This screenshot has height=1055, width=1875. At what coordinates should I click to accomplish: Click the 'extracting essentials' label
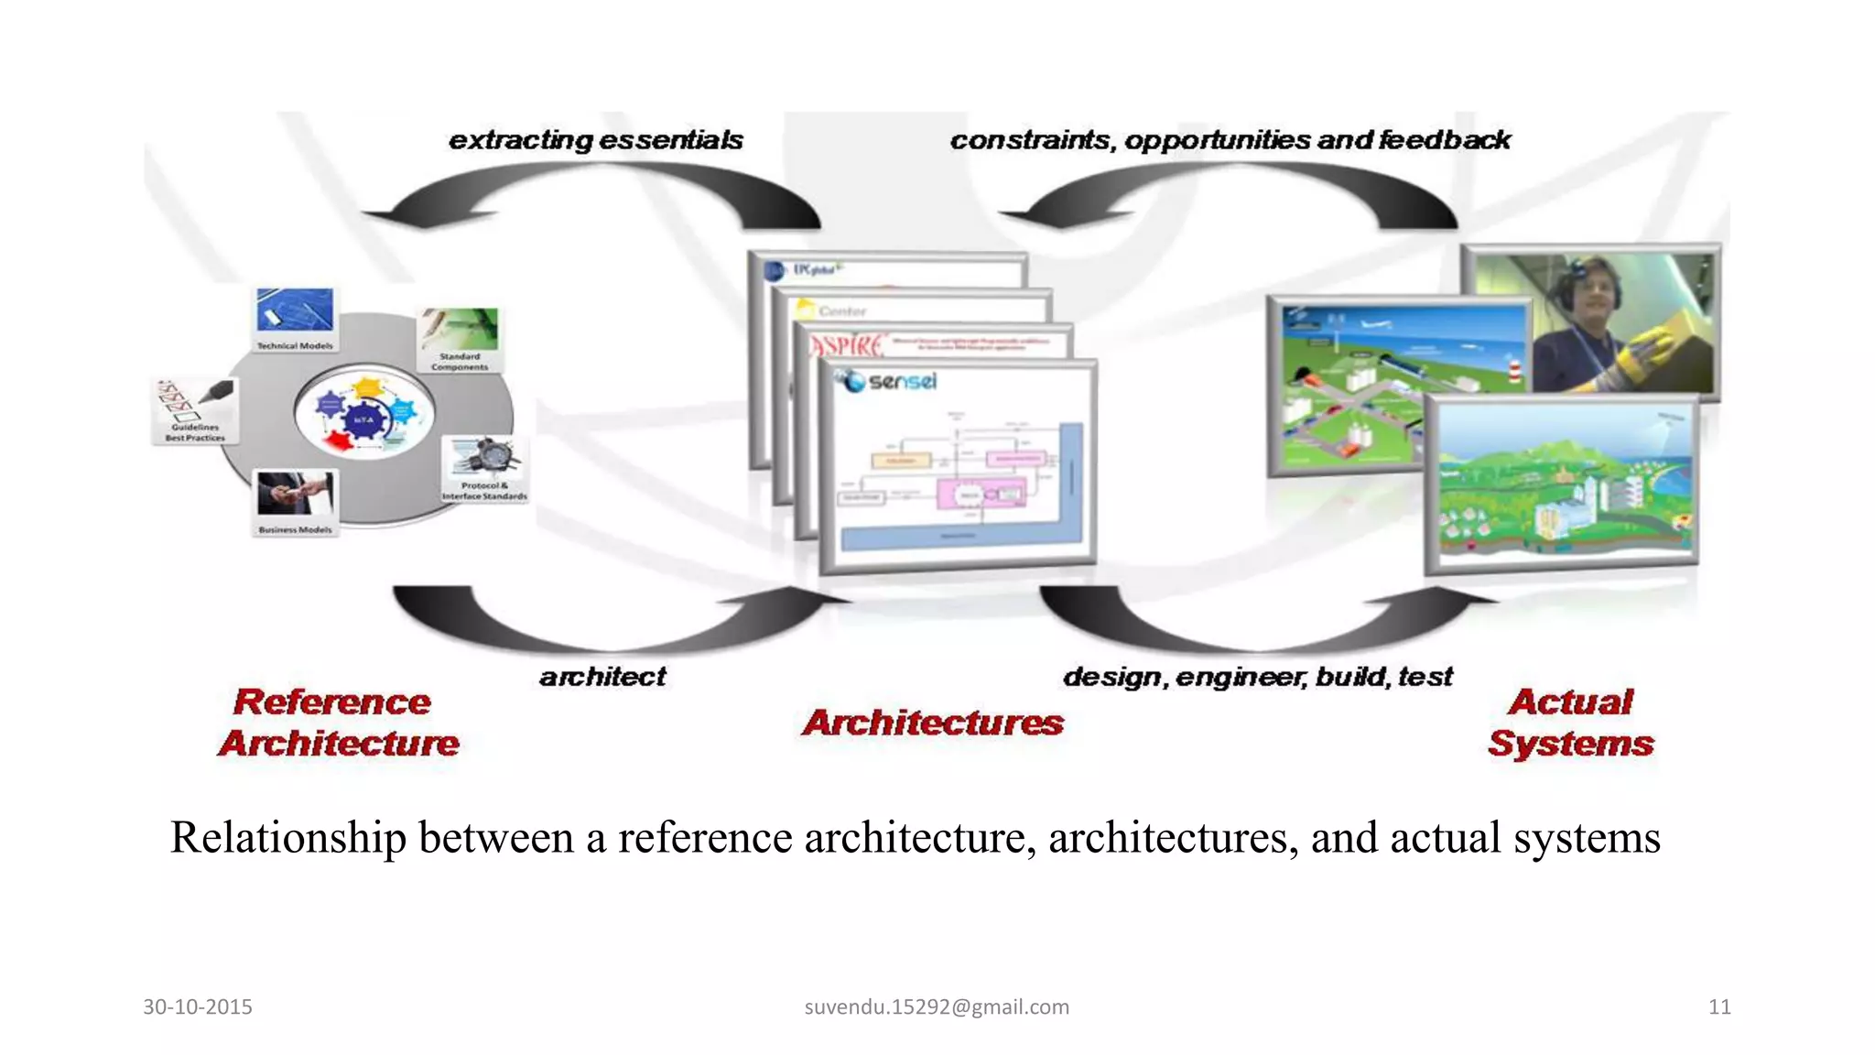click(x=596, y=140)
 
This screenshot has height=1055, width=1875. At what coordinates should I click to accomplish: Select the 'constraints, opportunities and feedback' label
click(x=1230, y=140)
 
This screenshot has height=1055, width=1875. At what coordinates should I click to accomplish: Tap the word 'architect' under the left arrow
click(x=602, y=677)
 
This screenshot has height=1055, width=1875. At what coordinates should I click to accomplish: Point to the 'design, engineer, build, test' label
click(x=1257, y=677)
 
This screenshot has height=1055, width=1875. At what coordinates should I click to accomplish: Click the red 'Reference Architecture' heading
click(x=336, y=723)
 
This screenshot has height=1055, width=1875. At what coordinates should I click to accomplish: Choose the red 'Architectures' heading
click(x=933, y=723)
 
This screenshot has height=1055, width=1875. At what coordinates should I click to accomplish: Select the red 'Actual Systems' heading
click(x=1571, y=723)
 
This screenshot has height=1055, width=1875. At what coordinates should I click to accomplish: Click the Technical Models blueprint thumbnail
click(x=295, y=312)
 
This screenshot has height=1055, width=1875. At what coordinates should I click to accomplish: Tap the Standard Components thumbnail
click(x=460, y=331)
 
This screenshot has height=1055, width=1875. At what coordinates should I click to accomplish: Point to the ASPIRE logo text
click(x=847, y=346)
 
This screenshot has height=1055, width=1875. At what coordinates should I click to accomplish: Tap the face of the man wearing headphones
click(x=1597, y=292)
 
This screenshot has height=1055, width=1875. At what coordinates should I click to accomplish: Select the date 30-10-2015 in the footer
click(x=198, y=1007)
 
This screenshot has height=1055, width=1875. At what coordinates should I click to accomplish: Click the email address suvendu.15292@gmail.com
click(x=937, y=1007)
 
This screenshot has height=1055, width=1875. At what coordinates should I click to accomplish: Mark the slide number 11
click(x=1719, y=1007)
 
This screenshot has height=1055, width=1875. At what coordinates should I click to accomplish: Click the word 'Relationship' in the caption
click(x=288, y=838)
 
